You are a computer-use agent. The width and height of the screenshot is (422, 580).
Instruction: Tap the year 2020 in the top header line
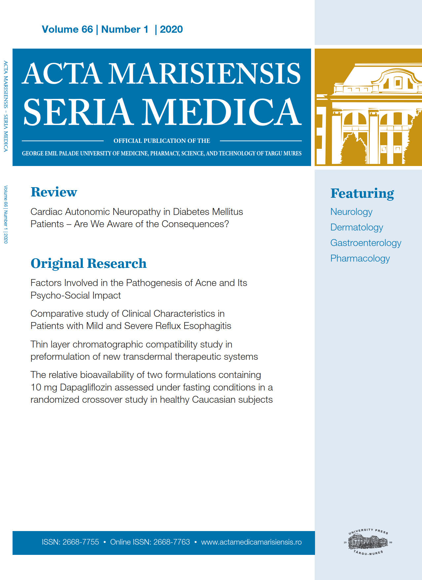171,29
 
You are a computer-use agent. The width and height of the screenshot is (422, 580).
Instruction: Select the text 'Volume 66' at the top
67,29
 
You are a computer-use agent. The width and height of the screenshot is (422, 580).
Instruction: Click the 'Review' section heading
54,192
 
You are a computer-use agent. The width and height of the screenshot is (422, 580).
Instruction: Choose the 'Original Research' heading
88,264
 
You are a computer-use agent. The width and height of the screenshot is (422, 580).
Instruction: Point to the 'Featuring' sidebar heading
362,193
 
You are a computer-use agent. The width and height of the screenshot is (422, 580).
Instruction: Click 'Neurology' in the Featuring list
351,212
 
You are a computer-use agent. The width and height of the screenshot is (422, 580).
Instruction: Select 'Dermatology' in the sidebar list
357,227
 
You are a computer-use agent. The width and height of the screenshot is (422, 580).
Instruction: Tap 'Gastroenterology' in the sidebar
366,243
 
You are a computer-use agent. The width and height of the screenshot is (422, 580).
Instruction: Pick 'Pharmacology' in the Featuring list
360,258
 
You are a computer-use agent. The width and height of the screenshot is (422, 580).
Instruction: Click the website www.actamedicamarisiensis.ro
251,542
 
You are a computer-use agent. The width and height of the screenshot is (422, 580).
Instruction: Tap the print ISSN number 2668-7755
81,542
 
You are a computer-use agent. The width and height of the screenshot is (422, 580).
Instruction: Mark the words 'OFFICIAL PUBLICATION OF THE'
162,141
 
